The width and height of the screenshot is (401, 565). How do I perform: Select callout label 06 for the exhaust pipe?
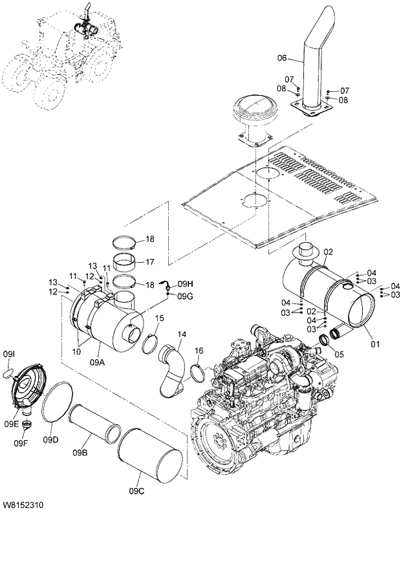281,58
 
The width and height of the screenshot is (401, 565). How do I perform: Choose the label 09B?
80,452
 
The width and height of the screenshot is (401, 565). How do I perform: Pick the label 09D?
51,440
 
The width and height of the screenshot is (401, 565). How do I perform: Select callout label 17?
149,262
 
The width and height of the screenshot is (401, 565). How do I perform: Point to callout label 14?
182,334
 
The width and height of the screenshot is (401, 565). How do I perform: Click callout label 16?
199,350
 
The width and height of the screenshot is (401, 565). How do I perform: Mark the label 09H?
186,283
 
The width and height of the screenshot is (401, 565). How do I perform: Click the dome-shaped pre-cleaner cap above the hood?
257,114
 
